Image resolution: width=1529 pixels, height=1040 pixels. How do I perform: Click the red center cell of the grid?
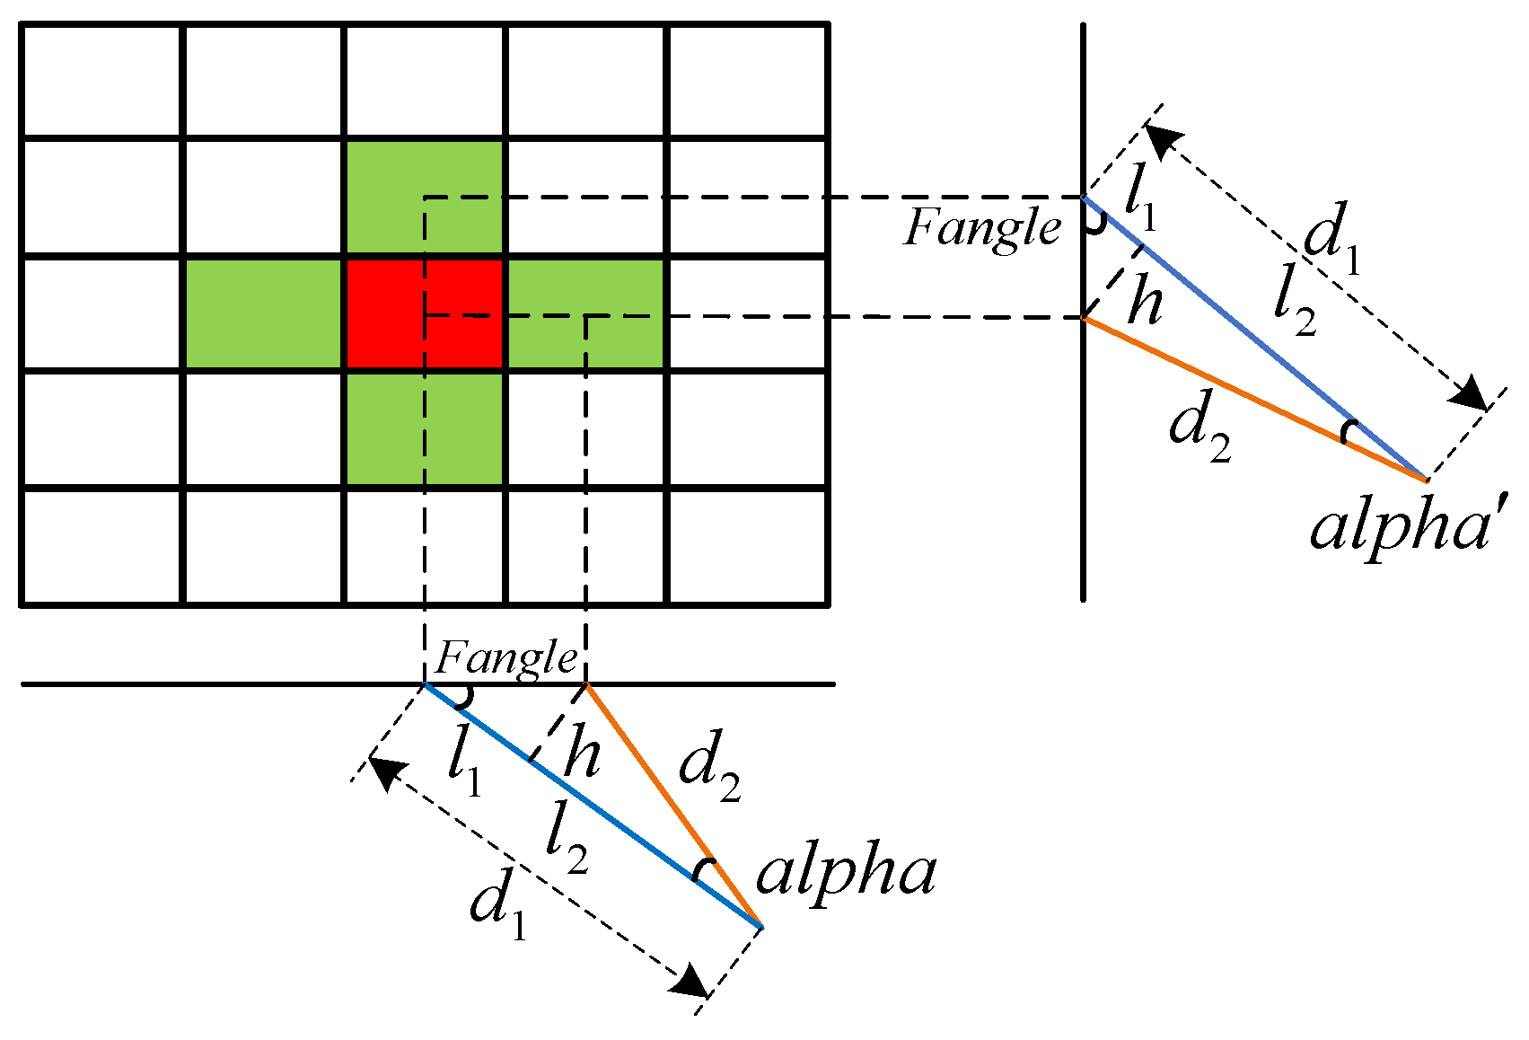tap(424, 313)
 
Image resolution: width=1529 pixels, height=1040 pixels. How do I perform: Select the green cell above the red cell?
tap(424, 197)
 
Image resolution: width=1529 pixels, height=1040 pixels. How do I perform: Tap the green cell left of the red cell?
tap(264, 313)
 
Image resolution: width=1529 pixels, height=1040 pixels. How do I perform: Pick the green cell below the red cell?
tap(424, 428)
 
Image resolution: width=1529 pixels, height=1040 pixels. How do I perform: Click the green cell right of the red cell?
tap(584, 313)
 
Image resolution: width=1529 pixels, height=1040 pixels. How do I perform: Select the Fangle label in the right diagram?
tap(982, 228)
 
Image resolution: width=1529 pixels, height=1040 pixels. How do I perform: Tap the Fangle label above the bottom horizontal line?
tap(506, 659)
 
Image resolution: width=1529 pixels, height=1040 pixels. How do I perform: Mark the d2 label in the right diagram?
tap(1199, 427)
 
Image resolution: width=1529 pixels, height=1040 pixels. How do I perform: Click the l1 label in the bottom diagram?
tap(465, 762)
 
